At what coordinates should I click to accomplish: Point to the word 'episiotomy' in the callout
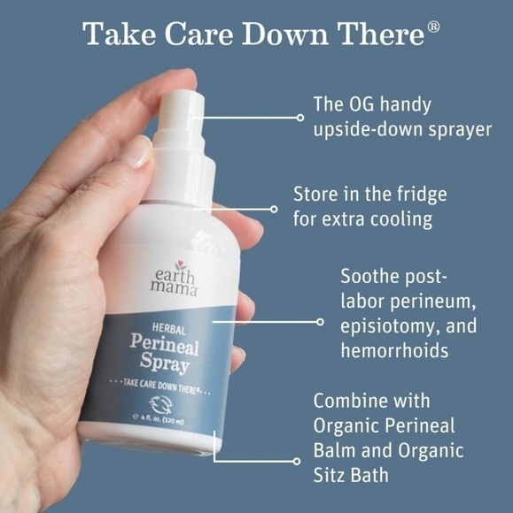[387, 325]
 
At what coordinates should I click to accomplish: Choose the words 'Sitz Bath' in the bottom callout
[351, 476]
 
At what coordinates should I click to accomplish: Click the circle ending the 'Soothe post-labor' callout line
[319, 322]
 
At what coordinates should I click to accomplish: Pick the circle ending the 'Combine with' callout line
[297, 461]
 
